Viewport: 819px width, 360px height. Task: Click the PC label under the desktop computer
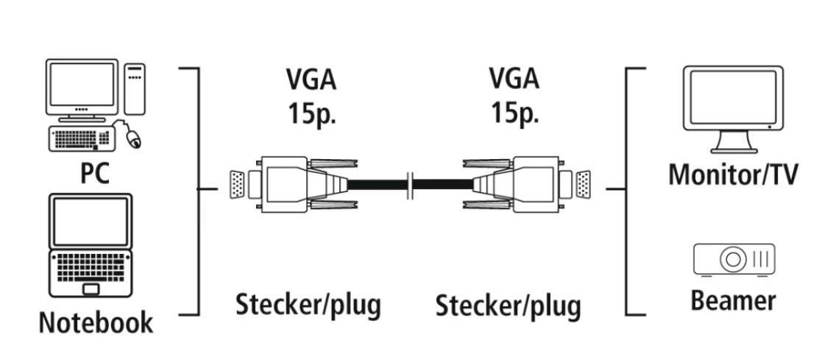(x=95, y=173)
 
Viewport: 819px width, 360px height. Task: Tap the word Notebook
(x=96, y=322)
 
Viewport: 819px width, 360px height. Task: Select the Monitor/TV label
(x=733, y=174)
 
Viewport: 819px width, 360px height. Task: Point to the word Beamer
(x=733, y=300)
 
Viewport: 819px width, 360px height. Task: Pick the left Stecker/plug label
(x=308, y=303)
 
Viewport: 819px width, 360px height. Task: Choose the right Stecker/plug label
(x=508, y=304)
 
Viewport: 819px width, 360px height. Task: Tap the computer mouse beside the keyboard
(x=132, y=138)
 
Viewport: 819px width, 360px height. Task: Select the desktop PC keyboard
(x=81, y=138)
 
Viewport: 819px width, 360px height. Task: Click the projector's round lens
(x=733, y=259)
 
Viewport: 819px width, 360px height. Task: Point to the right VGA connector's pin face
(x=582, y=186)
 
